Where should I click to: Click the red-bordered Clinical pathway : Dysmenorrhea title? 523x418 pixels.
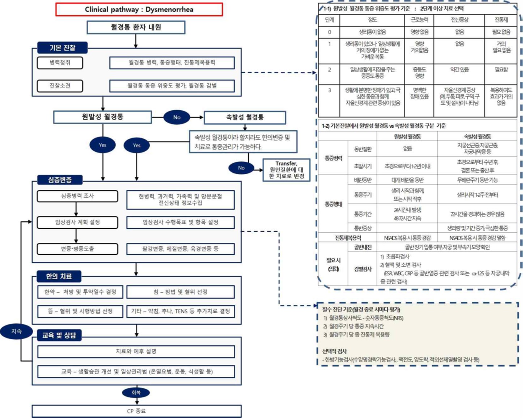click(139, 9)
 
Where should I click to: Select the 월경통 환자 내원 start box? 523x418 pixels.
click(136, 27)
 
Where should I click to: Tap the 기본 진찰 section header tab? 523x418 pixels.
click(62, 48)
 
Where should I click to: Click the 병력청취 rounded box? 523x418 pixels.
click(60, 63)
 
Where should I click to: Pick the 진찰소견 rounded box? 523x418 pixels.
click(60, 86)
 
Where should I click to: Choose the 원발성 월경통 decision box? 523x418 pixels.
click(102, 117)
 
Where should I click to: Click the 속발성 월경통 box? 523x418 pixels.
click(245, 117)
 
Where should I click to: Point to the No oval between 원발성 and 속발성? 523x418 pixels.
click(176, 117)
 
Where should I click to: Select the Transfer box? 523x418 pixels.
click(286, 170)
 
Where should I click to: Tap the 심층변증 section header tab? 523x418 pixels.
click(60, 180)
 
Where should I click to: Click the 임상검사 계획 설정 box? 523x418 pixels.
click(77, 222)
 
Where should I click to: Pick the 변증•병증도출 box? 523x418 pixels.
click(77, 249)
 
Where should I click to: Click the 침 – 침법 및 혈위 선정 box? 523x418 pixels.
click(180, 292)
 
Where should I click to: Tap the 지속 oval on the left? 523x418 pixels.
click(17, 331)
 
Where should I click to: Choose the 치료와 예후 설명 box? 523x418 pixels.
click(136, 351)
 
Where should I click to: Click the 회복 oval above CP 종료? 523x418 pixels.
click(136, 392)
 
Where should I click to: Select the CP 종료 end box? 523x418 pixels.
click(136, 411)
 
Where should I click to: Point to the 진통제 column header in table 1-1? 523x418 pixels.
click(501, 20)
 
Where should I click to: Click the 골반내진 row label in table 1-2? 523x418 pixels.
click(363, 247)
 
